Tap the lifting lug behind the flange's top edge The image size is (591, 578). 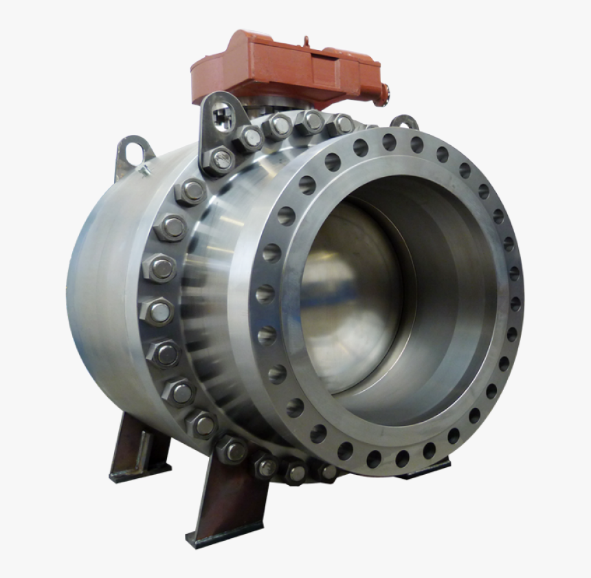405,122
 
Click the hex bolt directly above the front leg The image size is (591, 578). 233,450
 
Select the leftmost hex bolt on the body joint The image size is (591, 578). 157,312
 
